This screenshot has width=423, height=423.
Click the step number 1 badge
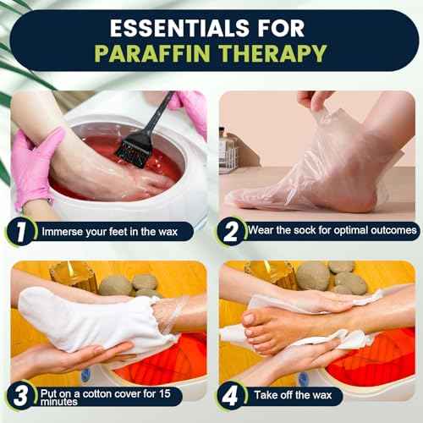(21, 232)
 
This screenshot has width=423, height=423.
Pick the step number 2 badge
(231, 232)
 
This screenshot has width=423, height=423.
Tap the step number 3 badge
(21, 396)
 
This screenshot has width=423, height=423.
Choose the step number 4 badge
(230, 396)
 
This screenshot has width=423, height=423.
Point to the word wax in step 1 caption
(168, 232)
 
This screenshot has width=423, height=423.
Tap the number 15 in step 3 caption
(164, 393)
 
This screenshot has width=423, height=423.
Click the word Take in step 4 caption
(266, 395)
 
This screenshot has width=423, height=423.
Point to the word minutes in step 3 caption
(59, 402)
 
